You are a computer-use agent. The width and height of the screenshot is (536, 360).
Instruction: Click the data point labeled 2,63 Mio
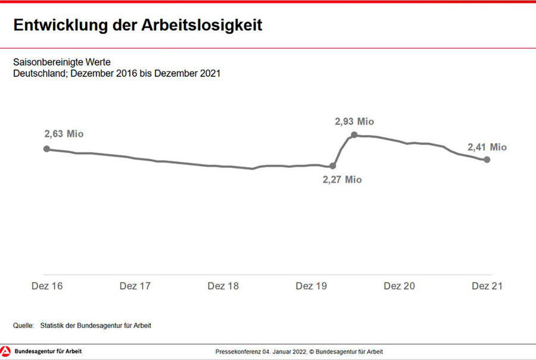tap(46, 149)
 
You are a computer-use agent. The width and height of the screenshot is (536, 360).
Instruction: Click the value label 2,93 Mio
tap(354, 121)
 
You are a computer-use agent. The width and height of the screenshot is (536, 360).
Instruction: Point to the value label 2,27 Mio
tap(342, 179)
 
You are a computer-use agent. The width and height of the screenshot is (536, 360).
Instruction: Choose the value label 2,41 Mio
tap(487, 147)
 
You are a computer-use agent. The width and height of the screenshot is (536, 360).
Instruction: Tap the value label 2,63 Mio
tap(64, 134)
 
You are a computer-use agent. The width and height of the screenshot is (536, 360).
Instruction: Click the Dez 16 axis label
tap(47, 286)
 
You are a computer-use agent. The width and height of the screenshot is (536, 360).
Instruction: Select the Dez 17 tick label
tap(135, 286)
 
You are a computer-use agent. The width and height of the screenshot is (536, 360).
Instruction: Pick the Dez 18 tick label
tap(223, 286)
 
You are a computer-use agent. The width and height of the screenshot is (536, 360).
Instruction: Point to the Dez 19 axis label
tap(311, 286)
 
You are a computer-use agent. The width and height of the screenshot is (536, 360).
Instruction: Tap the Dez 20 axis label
tap(399, 286)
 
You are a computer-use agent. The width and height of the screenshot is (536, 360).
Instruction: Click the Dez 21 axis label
tap(487, 286)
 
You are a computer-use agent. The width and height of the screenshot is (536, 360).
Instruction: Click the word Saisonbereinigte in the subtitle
tap(48, 62)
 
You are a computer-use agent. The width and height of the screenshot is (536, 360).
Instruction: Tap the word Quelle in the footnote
tap(23, 325)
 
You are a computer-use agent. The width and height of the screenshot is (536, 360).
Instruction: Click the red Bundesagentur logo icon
tap(6, 351)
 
